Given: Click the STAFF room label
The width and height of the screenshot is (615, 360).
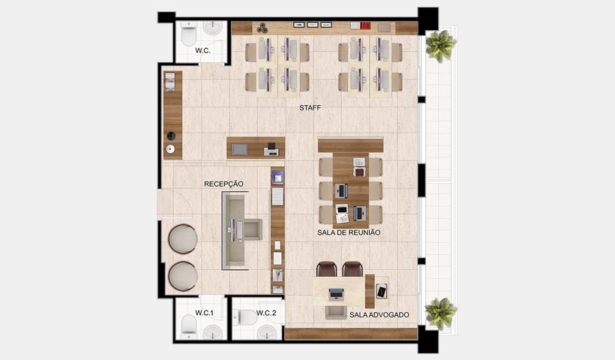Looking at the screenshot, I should click(x=310, y=108).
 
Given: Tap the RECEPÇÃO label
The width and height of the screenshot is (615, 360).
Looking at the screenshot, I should click(x=224, y=184).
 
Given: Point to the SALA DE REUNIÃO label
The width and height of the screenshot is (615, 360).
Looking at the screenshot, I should click(x=349, y=233).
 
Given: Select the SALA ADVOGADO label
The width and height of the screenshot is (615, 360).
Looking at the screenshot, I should click(x=379, y=315).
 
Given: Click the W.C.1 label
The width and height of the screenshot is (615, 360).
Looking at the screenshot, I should click(x=205, y=312).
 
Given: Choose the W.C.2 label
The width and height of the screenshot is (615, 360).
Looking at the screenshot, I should click(x=266, y=312).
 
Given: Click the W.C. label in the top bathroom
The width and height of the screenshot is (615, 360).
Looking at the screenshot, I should click(x=202, y=51).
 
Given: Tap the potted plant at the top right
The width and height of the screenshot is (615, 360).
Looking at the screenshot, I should click(x=440, y=45).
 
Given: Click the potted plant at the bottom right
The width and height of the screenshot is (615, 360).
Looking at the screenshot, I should click(x=440, y=312).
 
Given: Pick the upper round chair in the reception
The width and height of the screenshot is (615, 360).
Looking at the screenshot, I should click(x=182, y=239).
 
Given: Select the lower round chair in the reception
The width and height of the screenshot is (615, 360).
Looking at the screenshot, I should click(x=182, y=274).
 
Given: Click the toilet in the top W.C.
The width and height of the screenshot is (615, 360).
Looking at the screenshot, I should click(x=188, y=34).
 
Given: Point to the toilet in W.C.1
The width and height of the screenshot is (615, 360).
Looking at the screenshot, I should click(x=189, y=325).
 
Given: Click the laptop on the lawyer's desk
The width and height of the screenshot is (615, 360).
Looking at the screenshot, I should click(x=336, y=293).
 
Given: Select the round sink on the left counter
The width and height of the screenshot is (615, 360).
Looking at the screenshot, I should click(x=172, y=149).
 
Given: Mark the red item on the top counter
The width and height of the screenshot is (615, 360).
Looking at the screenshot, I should click(x=365, y=26).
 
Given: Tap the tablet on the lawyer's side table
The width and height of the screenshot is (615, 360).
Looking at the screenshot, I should click(x=382, y=290).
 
